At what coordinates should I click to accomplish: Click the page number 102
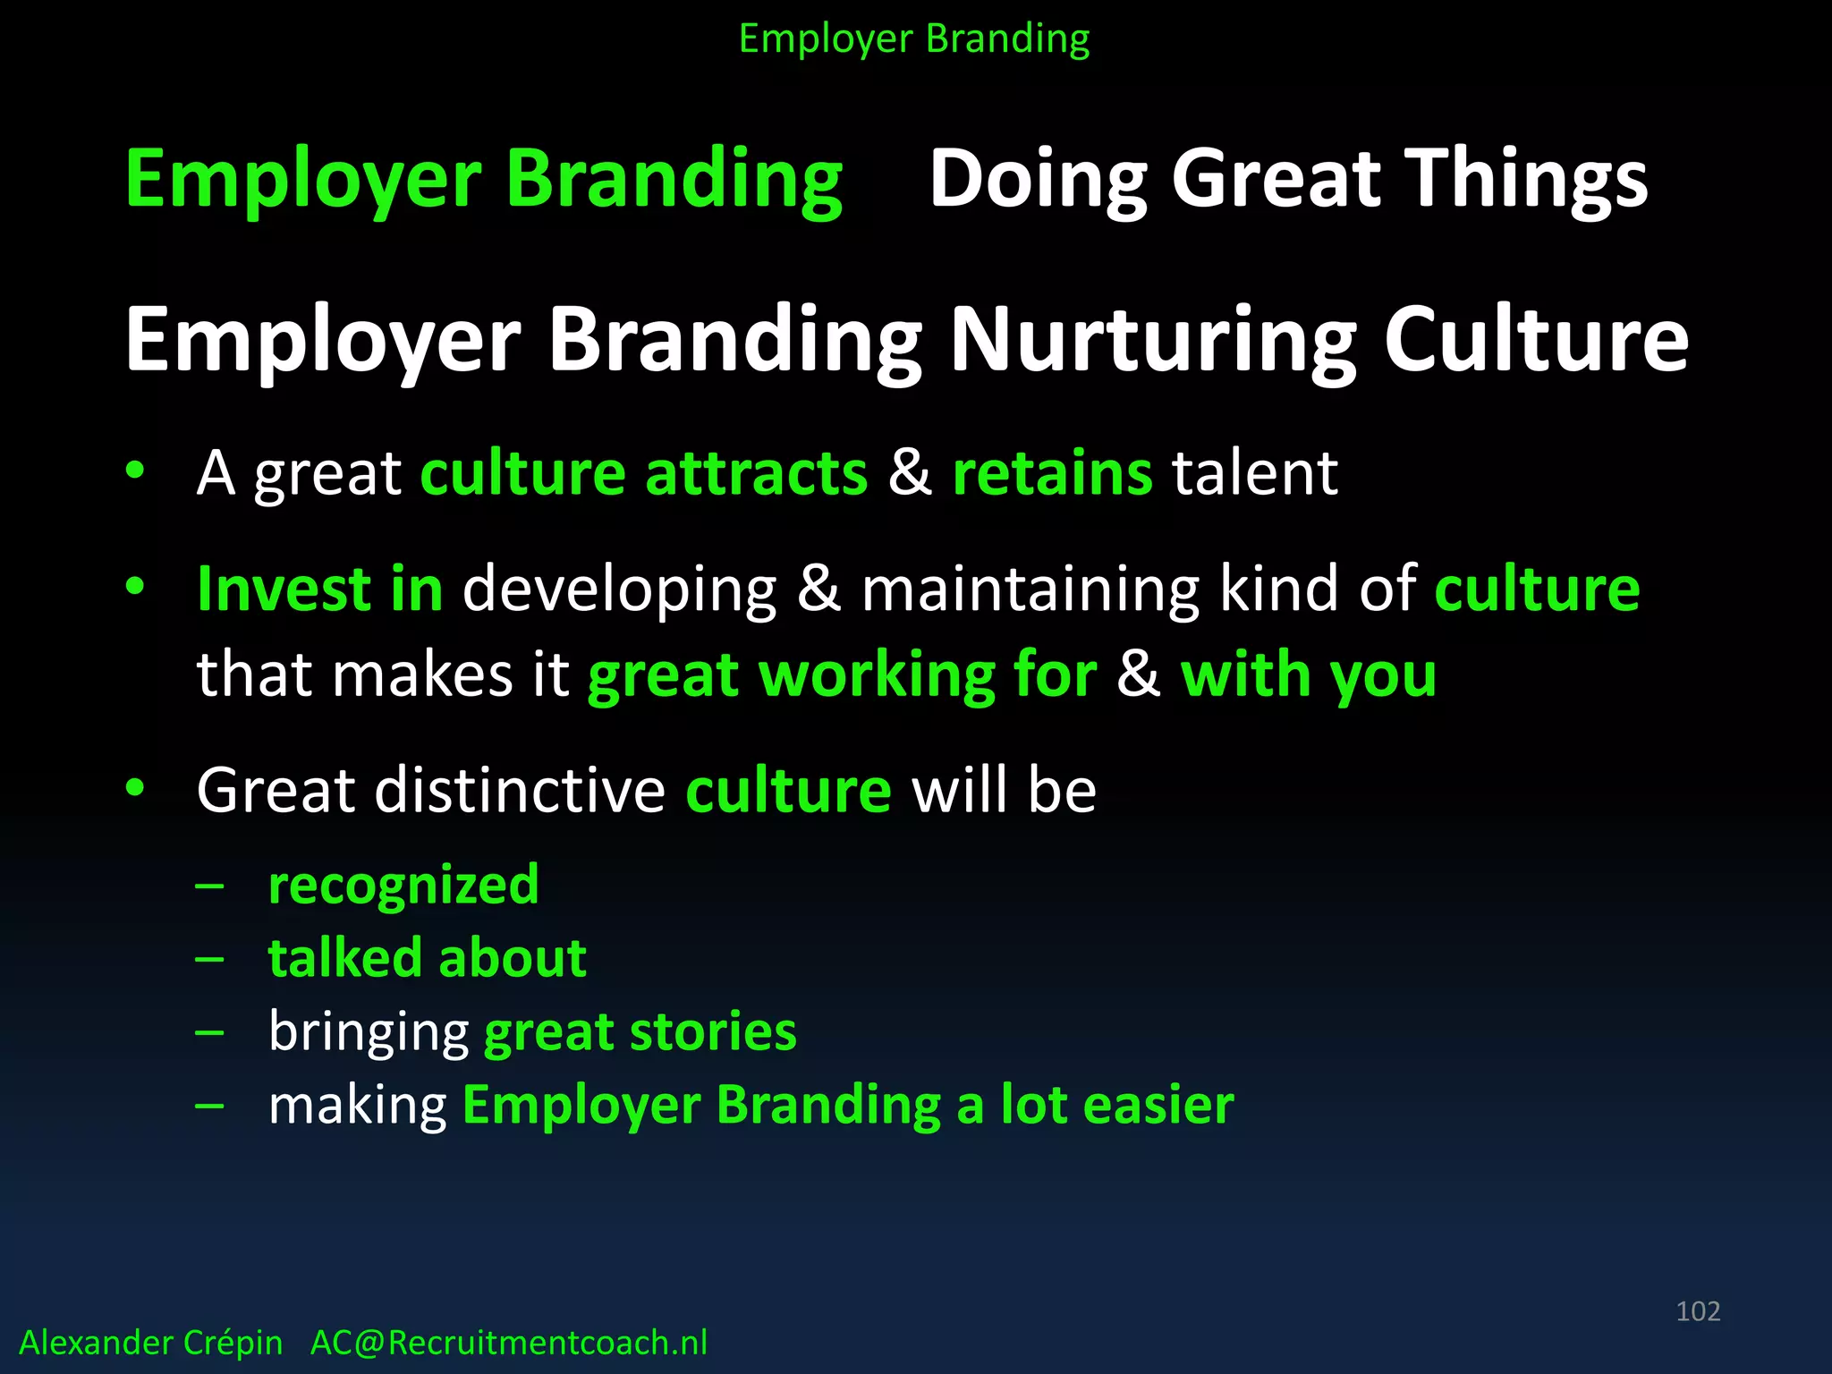pos(1698,1311)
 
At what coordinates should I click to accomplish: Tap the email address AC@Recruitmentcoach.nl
pos(508,1343)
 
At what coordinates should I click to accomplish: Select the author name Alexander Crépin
pos(150,1343)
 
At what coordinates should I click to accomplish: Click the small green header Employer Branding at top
pos(914,39)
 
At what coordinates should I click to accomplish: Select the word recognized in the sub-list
pos(403,886)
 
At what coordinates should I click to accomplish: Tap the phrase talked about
pos(428,958)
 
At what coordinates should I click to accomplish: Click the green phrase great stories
pos(640,1031)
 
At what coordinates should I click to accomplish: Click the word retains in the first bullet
pos(1052,472)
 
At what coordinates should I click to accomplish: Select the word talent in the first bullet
pos(1255,472)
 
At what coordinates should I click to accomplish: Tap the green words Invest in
pos(320,589)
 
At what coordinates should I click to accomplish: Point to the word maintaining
pos(1030,590)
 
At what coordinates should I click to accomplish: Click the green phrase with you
pos(1308,674)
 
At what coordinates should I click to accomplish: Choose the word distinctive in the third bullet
pos(520,791)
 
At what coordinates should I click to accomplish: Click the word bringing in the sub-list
pos(369,1033)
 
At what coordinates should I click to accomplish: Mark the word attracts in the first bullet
pos(756,472)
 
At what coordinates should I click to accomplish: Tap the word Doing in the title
pos(1039,179)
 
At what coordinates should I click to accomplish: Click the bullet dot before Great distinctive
pos(135,787)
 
